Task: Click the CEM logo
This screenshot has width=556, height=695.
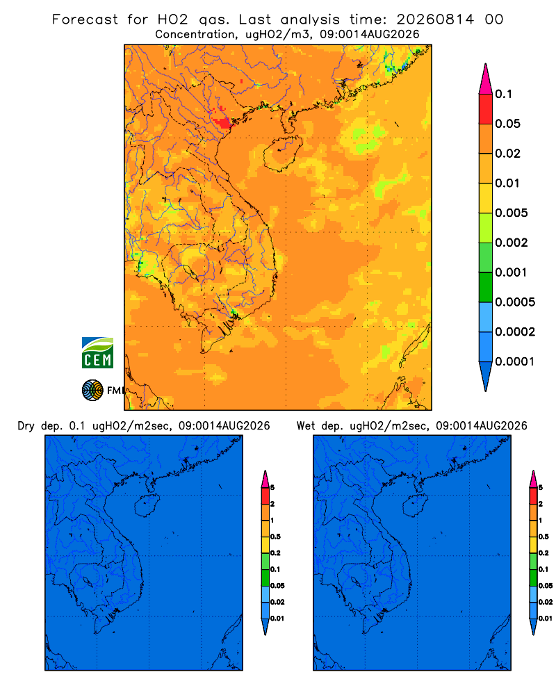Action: coord(97,353)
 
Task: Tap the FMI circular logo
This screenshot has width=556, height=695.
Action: coord(92,390)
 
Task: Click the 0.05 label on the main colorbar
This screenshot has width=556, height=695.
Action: coord(507,124)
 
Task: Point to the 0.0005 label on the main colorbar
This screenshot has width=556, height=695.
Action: coord(515,302)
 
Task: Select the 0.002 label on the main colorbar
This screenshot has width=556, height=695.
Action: coord(512,243)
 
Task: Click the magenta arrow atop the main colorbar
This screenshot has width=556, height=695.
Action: coord(486,79)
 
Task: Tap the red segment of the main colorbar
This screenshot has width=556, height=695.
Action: coord(486,109)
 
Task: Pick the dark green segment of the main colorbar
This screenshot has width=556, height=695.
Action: coord(486,287)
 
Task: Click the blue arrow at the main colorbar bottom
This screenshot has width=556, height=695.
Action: coord(486,376)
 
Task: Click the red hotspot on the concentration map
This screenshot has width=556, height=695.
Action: coord(222,122)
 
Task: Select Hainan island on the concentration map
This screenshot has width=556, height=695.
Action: coord(282,154)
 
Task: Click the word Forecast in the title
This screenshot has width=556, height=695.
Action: coord(85,19)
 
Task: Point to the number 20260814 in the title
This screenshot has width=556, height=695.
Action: coord(435,19)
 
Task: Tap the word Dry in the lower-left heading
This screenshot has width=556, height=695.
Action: coord(26,427)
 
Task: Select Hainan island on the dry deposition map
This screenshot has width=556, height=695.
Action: coord(147,505)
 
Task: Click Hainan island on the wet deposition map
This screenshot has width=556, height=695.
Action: coord(415,505)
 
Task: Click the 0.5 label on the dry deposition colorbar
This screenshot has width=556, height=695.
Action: coord(276,537)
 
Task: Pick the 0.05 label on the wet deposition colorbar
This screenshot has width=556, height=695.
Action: coord(546,586)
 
